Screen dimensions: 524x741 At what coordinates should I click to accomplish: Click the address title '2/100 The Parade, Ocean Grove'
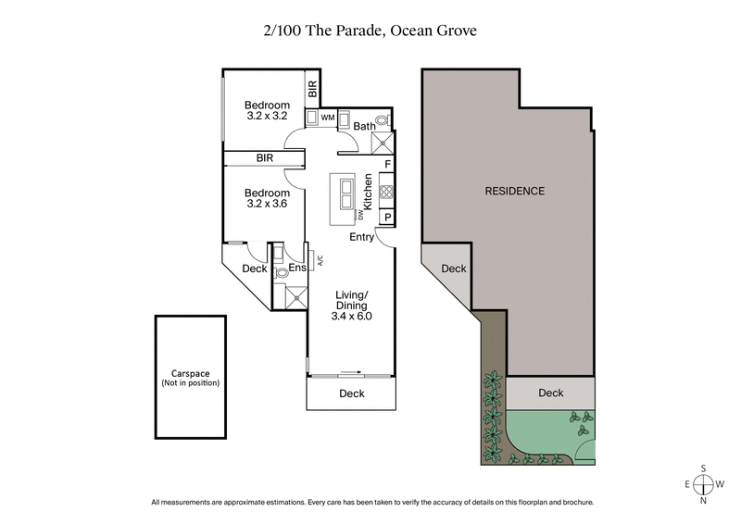[370, 30]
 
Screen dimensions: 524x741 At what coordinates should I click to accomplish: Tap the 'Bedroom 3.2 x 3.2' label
[268, 110]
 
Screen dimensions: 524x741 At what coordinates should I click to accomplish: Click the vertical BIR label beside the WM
[313, 89]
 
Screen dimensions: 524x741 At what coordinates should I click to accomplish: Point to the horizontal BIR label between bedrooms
[265, 159]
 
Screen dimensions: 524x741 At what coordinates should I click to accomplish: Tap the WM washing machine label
[327, 118]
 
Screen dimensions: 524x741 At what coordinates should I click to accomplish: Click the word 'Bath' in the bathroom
[363, 126]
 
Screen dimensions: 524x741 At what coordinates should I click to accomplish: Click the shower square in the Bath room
[381, 143]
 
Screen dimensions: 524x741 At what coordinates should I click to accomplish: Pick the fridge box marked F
[387, 165]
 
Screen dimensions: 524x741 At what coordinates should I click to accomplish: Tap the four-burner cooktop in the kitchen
[386, 193]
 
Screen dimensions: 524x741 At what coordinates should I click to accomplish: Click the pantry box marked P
[387, 218]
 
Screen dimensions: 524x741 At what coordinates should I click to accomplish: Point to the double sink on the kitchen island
[347, 192]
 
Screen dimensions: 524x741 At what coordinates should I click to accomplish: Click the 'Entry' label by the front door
[361, 237]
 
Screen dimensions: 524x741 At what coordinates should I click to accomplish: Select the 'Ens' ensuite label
[297, 268]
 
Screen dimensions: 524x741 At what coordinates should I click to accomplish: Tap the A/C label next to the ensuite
[320, 261]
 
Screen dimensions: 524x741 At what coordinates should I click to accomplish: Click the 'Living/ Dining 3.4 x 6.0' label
[351, 305]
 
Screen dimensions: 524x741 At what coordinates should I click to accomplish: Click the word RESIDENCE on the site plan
[515, 192]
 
